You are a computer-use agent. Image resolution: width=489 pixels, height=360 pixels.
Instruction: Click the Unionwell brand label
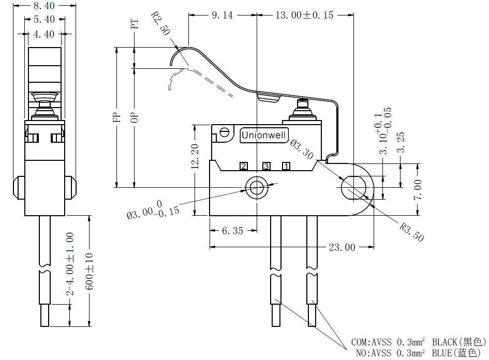[264, 135]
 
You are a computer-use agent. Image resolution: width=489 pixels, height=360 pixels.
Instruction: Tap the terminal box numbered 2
[244, 167]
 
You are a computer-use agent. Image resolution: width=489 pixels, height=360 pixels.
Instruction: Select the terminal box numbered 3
[266, 167]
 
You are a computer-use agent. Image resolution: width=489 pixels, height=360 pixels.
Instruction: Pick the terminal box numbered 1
[286, 167]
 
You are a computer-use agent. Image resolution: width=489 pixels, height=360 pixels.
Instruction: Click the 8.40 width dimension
[44, 6]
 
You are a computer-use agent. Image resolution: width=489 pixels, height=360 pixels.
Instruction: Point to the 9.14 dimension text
[222, 15]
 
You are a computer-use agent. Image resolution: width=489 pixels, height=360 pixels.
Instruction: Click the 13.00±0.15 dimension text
[304, 15]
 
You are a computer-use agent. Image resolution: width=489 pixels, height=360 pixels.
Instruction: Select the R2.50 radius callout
[161, 23]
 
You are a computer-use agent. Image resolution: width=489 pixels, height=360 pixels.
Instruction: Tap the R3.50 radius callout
[412, 232]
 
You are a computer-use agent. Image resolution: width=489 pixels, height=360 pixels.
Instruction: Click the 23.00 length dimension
[342, 247]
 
